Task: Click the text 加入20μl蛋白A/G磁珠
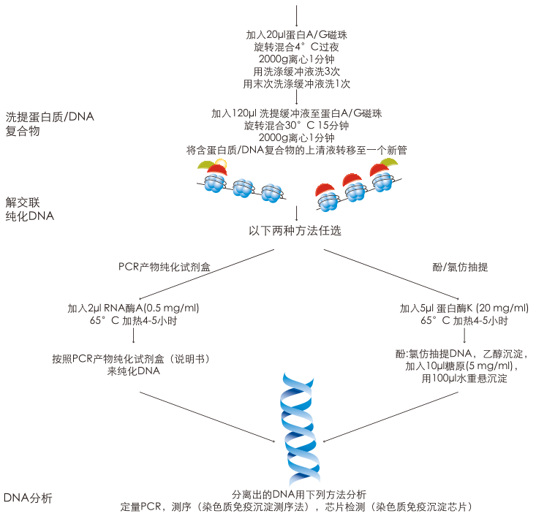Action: click(296, 35)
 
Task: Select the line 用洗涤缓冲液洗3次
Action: click(296, 72)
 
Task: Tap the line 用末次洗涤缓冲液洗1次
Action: click(296, 84)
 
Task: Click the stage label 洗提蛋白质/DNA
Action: click(50, 117)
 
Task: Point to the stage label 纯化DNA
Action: click(30, 216)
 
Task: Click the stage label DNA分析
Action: click(28, 498)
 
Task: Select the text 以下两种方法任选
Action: click(295, 231)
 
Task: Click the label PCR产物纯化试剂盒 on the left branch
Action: click(165, 268)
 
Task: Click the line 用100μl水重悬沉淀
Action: click(464, 379)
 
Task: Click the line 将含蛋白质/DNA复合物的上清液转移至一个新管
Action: click(296, 150)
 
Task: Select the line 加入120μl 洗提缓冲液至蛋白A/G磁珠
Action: click(296, 113)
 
